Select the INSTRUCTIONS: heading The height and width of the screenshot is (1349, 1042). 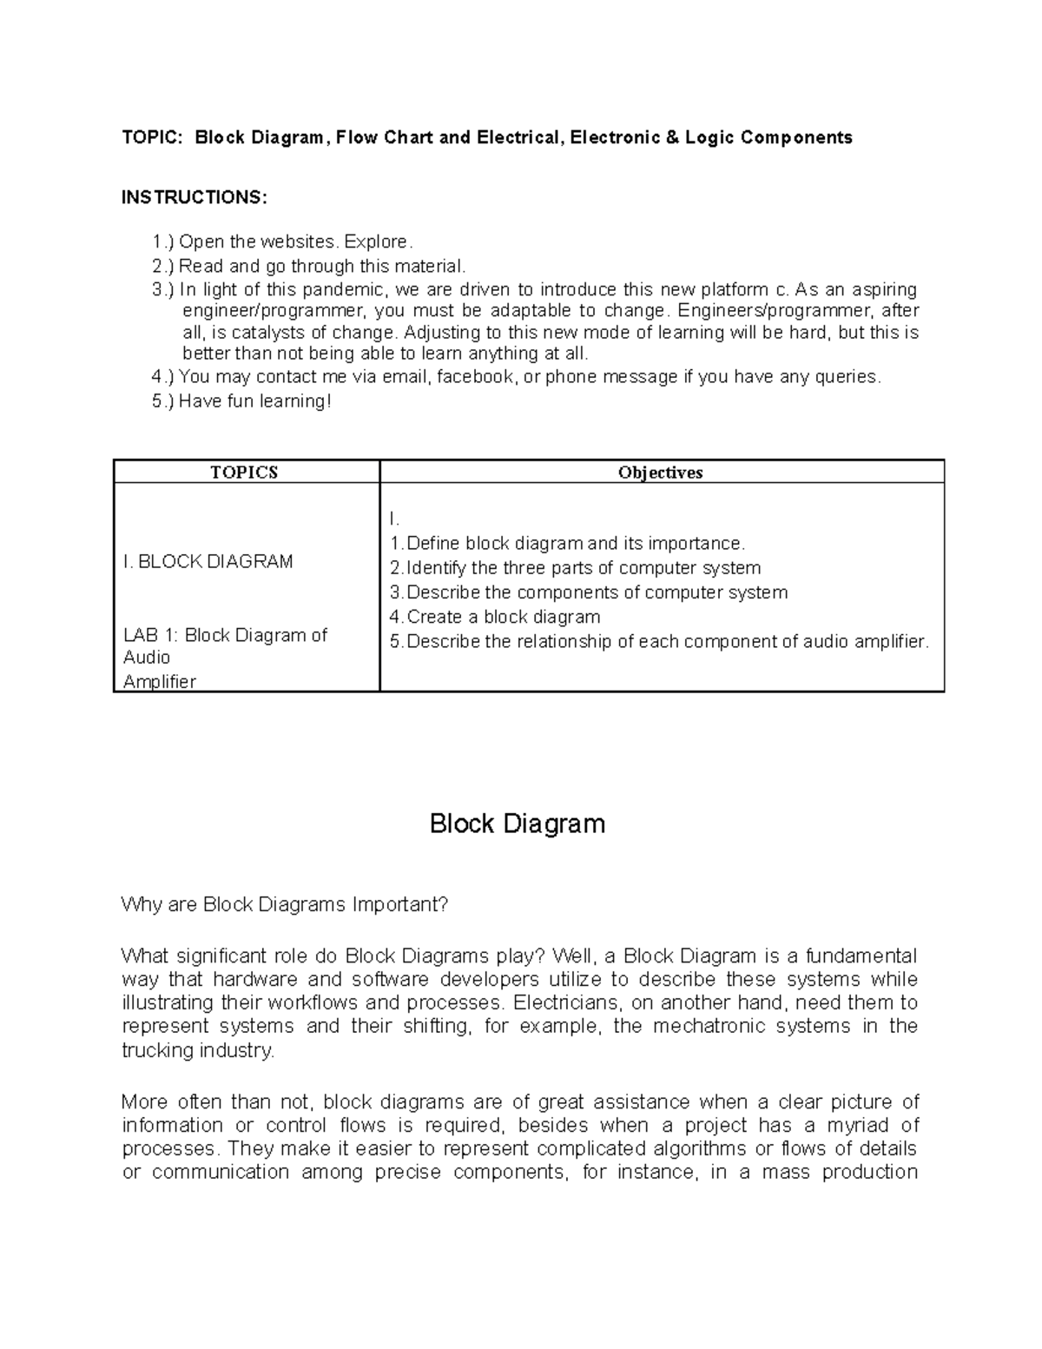coord(195,197)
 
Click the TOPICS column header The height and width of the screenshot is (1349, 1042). coord(244,473)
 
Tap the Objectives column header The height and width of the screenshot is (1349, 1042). coord(660,473)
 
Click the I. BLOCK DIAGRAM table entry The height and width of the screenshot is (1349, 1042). coord(208,561)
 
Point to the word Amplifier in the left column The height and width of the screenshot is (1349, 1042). coord(160,681)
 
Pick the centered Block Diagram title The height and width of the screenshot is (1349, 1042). coord(518,823)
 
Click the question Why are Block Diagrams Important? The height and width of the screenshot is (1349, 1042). coord(285,904)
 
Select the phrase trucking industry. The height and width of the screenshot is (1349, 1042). coord(198,1050)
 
